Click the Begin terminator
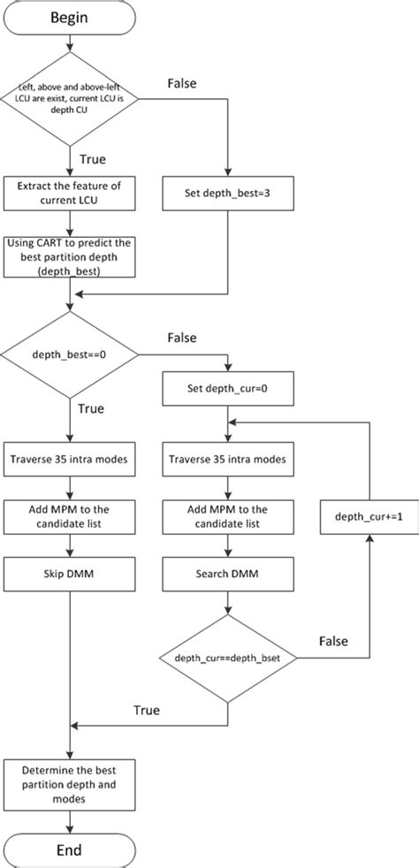point(69,19)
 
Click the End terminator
point(69,849)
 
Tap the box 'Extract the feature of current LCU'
point(69,194)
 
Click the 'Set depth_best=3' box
point(229,194)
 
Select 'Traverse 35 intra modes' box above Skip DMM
point(69,459)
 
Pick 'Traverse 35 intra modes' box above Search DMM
point(229,459)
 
